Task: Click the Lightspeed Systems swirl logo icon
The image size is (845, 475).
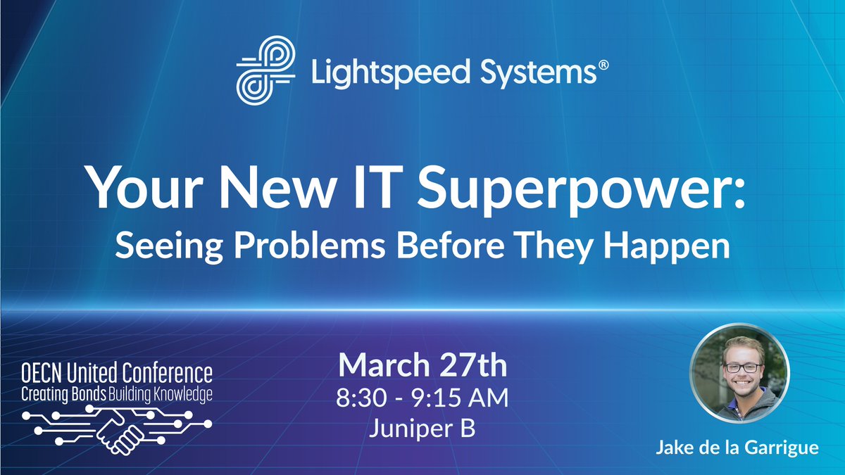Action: (263, 71)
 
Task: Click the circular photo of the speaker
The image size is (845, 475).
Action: (739, 373)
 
